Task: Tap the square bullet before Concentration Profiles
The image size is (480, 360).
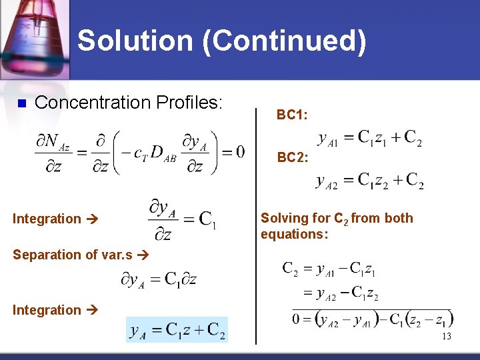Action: (x=21, y=103)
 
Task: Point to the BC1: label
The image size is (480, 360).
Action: (x=292, y=115)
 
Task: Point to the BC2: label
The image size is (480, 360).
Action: (x=293, y=158)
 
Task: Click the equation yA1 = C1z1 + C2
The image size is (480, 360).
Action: (x=369, y=138)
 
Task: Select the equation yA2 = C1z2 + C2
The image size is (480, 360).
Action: (x=369, y=181)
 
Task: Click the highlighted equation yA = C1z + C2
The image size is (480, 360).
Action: (x=177, y=329)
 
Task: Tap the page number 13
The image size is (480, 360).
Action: (x=446, y=337)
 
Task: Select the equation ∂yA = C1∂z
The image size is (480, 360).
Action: (x=158, y=279)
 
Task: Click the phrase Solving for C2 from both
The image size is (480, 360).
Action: (x=337, y=218)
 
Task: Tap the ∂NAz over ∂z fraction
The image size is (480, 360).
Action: (x=56, y=153)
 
